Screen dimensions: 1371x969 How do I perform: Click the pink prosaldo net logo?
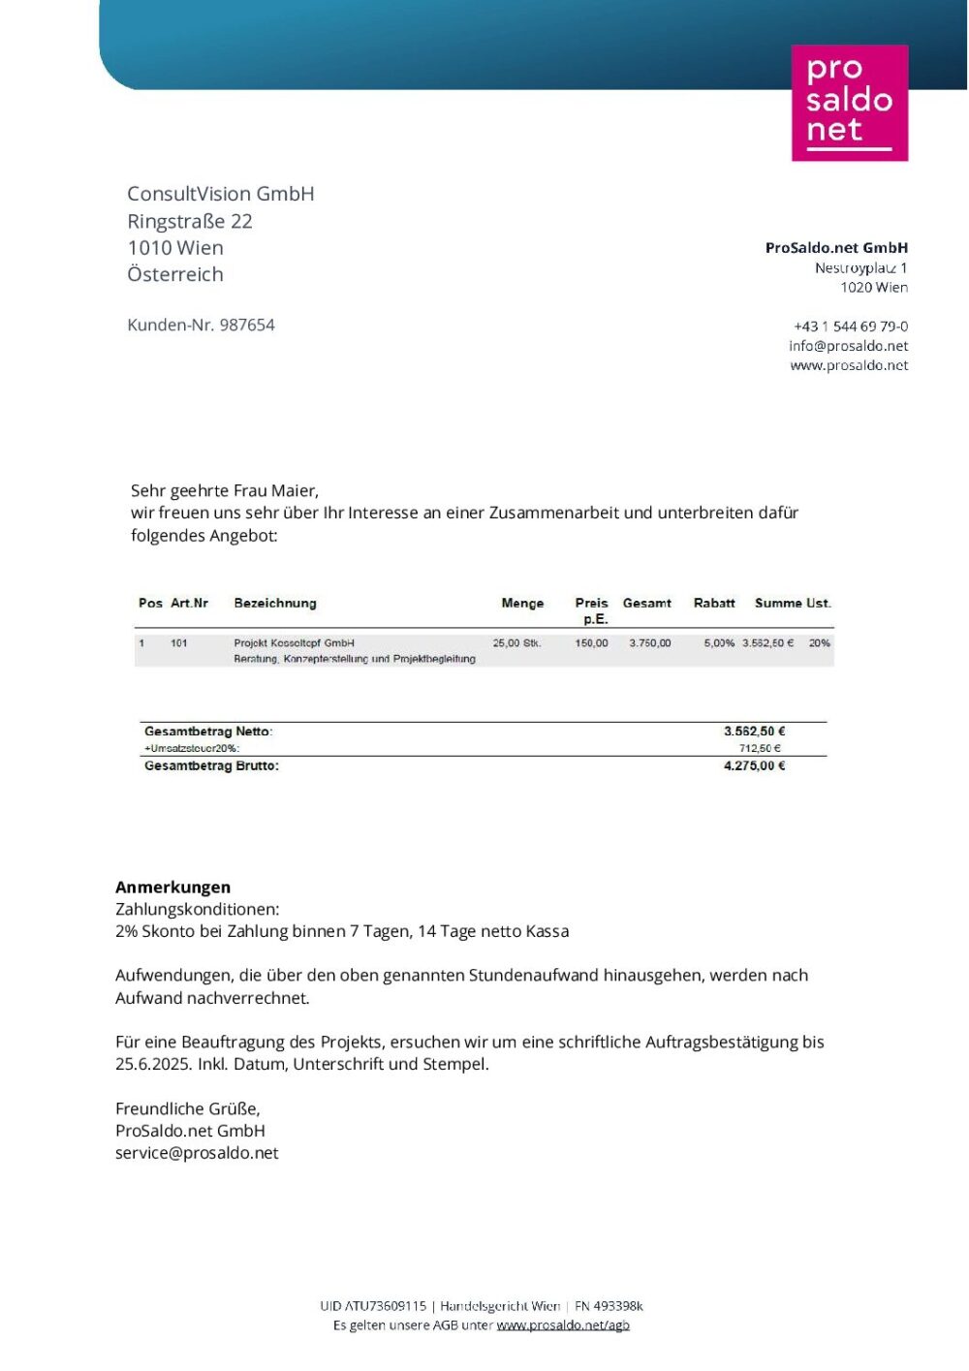click(x=850, y=103)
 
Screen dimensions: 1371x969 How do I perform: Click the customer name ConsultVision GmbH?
click(x=221, y=194)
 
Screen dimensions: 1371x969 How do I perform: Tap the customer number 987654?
click(x=247, y=326)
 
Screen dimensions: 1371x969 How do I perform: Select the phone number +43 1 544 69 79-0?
click(x=851, y=327)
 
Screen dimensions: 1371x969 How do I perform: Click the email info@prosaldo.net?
click(x=848, y=346)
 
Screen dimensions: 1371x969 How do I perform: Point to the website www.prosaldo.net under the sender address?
click(x=849, y=365)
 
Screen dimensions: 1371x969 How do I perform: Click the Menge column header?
click(x=522, y=603)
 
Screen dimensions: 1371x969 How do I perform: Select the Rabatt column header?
click(x=714, y=603)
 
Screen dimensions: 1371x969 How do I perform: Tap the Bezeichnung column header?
click(x=275, y=603)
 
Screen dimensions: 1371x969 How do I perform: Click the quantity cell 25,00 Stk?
click(x=516, y=643)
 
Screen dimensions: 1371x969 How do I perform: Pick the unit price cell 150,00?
click(x=591, y=643)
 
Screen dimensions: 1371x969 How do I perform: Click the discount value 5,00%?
click(x=719, y=643)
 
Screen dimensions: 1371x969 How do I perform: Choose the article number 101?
click(x=179, y=643)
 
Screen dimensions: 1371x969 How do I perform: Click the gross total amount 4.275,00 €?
click(x=754, y=765)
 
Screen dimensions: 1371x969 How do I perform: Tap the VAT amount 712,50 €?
click(x=760, y=748)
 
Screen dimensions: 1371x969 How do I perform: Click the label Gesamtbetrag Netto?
click(x=208, y=732)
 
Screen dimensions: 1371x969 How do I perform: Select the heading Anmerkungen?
click(x=172, y=887)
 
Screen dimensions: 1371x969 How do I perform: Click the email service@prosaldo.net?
click(x=197, y=1153)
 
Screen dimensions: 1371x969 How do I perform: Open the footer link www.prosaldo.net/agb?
click(x=563, y=1325)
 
